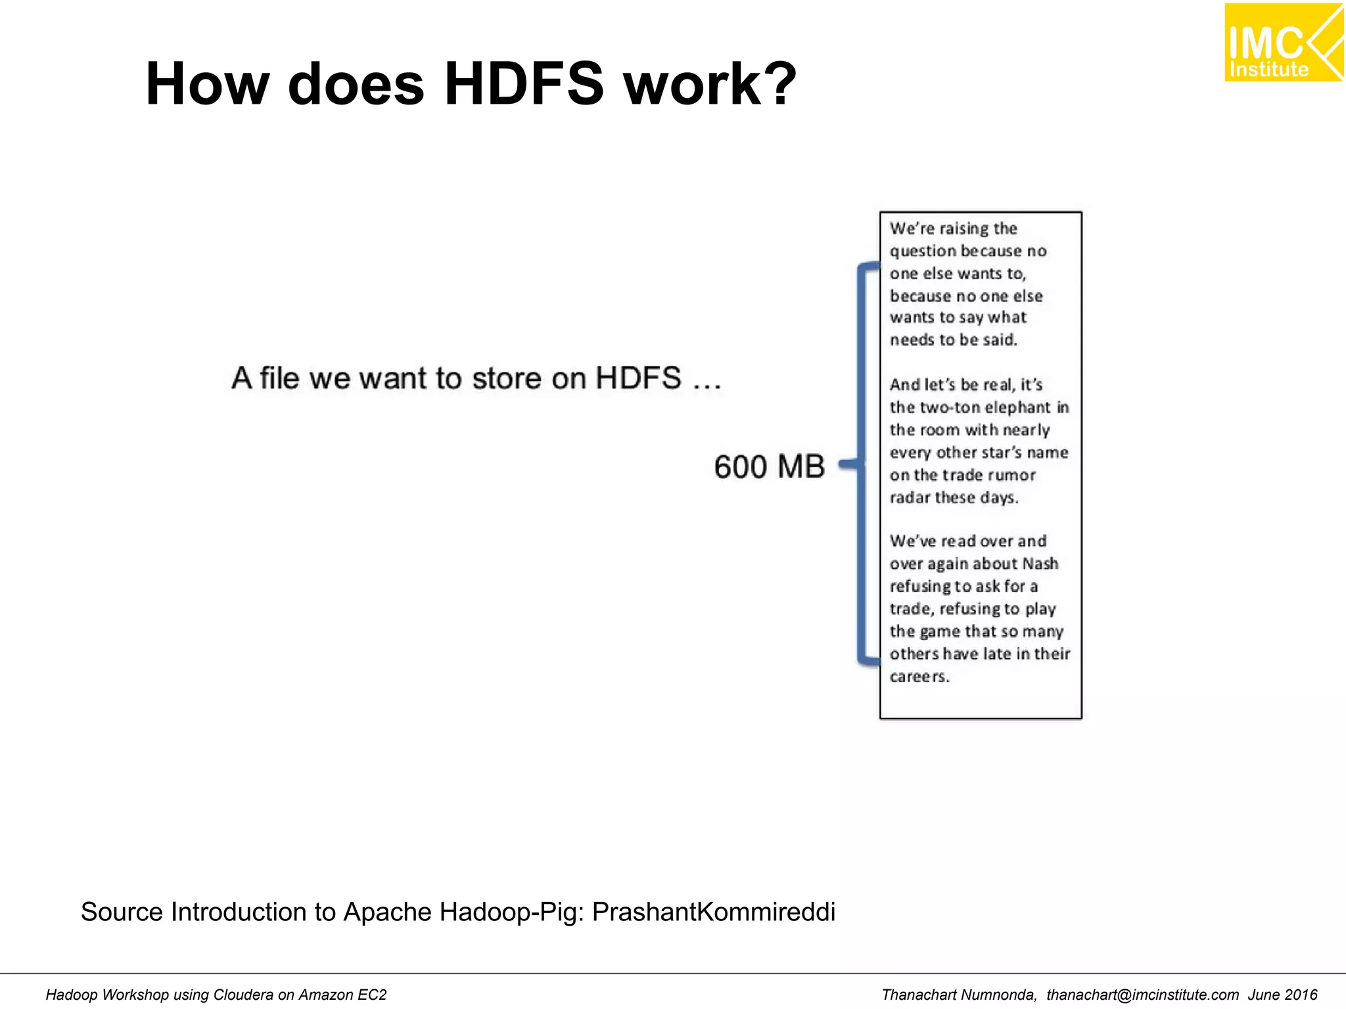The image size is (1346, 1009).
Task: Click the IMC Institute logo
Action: (1283, 43)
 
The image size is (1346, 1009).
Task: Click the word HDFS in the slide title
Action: (523, 84)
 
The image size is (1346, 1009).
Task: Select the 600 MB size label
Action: (769, 467)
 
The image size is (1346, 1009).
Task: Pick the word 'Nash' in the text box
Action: (1040, 564)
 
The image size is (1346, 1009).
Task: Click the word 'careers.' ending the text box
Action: (919, 677)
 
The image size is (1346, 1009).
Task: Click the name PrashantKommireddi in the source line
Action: (713, 912)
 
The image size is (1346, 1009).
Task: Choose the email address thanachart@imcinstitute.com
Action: (1142, 995)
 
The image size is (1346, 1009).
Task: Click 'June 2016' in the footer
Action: (1282, 995)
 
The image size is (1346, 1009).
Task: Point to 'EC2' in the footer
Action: (372, 995)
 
